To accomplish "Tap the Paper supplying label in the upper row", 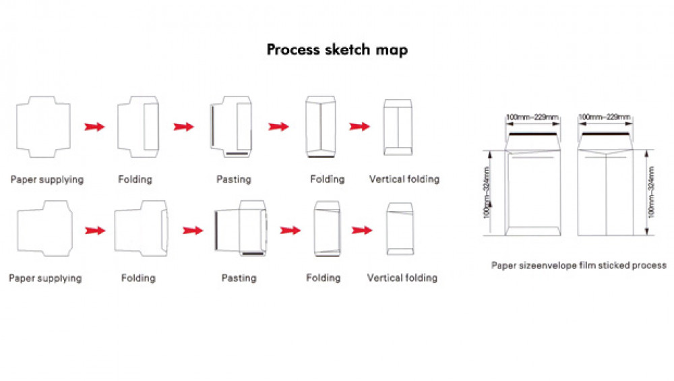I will tap(47, 179).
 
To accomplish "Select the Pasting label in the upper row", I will tap(233, 179).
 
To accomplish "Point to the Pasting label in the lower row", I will tap(239, 278).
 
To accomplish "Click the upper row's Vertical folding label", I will tap(404, 179).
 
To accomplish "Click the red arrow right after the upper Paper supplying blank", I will tap(94, 127).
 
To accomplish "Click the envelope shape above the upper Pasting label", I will tap(231, 127).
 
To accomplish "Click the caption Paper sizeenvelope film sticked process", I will tap(578, 265).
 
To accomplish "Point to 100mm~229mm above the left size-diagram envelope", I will tap(532, 118).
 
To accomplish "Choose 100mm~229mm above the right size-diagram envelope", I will tap(605, 118).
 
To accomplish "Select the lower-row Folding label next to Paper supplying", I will tap(138, 278).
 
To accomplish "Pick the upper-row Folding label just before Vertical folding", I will tap(327, 179).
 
